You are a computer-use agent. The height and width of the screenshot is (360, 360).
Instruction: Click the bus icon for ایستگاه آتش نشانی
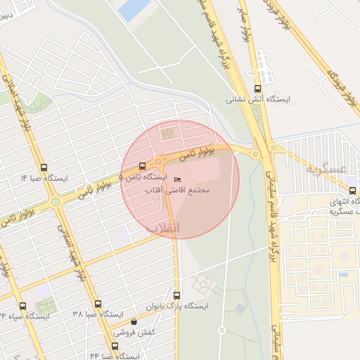coord(257,89)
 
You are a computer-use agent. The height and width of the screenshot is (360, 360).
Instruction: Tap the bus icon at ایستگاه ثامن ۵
coord(143,167)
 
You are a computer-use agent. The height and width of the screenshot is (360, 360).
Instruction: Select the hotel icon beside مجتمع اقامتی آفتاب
coord(176,179)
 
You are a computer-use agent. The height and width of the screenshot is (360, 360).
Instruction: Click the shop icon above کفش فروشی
coord(134,321)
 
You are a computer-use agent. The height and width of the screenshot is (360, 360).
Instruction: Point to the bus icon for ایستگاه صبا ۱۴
coord(45,167)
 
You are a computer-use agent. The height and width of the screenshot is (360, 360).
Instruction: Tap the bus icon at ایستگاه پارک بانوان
coord(176,295)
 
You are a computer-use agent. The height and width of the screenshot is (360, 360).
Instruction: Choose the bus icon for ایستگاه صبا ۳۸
coord(97,304)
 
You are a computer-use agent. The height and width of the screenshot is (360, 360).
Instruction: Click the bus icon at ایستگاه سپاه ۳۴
coord(22,306)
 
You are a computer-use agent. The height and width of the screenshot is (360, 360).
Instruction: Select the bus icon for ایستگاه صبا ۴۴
coord(115,347)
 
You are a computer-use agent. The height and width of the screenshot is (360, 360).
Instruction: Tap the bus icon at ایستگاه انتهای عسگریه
coord(352,191)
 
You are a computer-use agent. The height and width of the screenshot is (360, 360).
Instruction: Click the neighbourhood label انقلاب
coord(163,228)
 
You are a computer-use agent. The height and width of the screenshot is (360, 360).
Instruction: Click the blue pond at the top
coord(134,8)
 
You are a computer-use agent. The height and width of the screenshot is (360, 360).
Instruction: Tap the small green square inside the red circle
coord(168,132)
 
